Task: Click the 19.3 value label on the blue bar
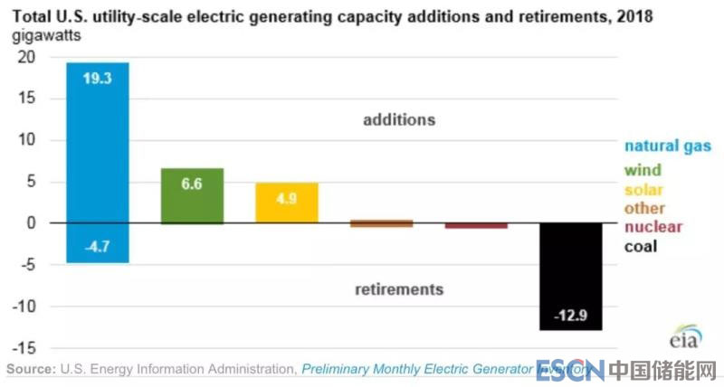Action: [x=97, y=79]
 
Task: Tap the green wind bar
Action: [x=192, y=195]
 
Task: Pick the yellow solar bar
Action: [x=287, y=203]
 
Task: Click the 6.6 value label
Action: [x=192, y=184]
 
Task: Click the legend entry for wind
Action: [x=642, y=170]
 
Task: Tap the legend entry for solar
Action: [x=643, y=190]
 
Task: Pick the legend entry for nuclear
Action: [x=653, y=227]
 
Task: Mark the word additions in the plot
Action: [x=399, y=119]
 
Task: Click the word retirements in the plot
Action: [x=399, y=289]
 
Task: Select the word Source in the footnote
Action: [x=30, y=369]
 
